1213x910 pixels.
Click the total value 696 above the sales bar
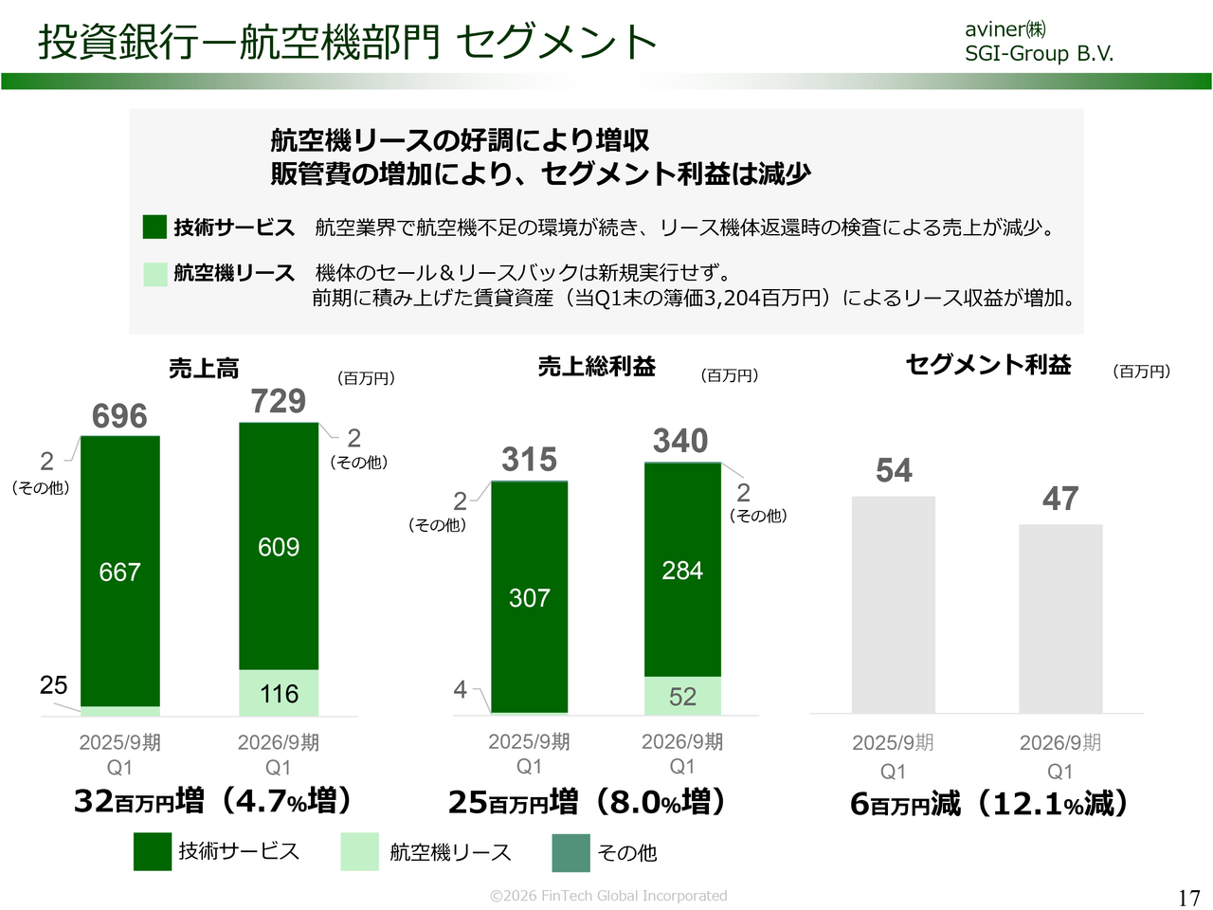click(x=119, y=416)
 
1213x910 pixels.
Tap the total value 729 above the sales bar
click(x=278, y=401)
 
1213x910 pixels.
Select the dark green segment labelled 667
click(x=119, y=572)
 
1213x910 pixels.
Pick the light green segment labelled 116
click(x=279, y=694)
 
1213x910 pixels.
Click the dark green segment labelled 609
click(x=279, y=547)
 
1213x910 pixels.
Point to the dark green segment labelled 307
click(x=529, y=598)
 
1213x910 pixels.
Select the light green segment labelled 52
click(x=682, y=697)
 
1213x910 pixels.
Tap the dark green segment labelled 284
click(x=682, y=570)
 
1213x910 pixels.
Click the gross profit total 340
click(x=680, y=441)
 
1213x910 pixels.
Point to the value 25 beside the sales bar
click(x=54, y=685)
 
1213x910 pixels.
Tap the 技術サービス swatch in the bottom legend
click(x=153, y=851)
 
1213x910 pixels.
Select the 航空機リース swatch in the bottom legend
click(x=360, y=851)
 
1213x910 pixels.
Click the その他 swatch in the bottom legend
click(x=570, y=852)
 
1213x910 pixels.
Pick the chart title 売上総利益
click(x=597, y=367)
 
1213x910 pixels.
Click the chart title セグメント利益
click(x=988, y=365)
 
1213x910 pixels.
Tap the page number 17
click(x=1189, y=898)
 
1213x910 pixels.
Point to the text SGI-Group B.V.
click(x=1039, y=54)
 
